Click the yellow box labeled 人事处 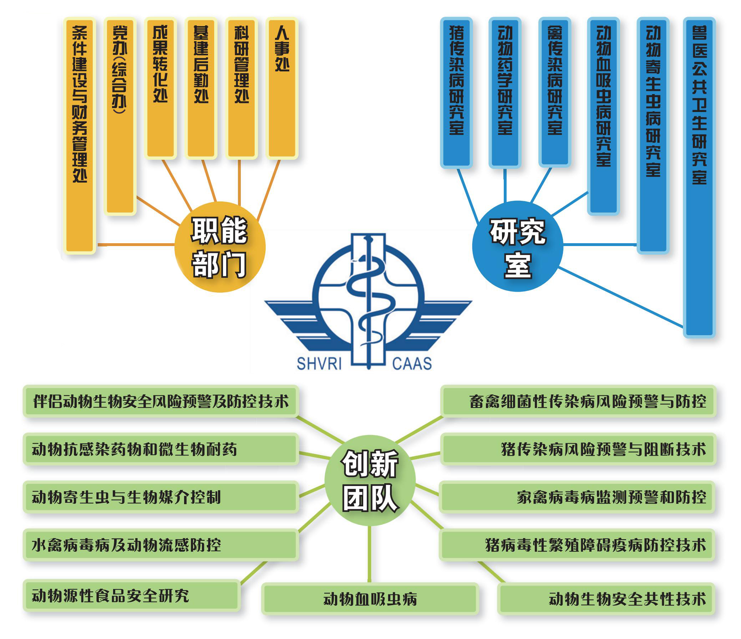(282, 88)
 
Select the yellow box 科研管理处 (242, 88)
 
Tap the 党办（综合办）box (120, 116)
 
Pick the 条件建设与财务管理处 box (80, 136)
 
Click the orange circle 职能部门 (219, 247)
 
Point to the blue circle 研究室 (517, 246)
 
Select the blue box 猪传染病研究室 (456, 92)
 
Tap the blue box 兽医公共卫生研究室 (699, 177)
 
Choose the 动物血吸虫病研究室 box (603, 116)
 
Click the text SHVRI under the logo (319, 364)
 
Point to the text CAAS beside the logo (412, 364)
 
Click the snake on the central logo (368, 304)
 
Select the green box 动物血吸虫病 (370, 599)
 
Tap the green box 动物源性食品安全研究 (131, 595)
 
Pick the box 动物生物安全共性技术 (606, 599)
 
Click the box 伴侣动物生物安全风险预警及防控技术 (161, 402)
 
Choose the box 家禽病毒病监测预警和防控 (577, 497)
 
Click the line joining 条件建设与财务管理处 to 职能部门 (136, 245)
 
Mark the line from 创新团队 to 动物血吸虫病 (369, 554)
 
